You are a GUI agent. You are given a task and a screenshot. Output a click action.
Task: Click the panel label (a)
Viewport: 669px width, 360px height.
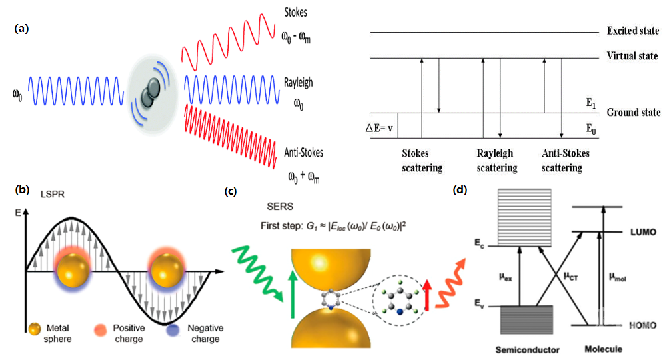(21, 29)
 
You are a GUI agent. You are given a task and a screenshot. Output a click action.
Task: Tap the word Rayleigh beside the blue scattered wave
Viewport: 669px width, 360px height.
(299, 82)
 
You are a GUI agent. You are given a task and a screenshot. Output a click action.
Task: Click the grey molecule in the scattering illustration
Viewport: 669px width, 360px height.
(150, 93)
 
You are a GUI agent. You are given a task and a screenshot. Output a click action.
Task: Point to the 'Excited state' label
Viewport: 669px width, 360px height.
(633, 31)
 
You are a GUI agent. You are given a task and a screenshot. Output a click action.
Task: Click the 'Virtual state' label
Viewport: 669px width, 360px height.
(632, 56)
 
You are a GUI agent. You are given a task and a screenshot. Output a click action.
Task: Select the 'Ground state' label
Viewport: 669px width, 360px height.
(634, 112)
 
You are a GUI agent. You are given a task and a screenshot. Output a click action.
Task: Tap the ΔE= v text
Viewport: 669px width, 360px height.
(379, 128)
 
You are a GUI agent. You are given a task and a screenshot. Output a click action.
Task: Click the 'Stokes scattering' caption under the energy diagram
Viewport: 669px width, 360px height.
(422, 161)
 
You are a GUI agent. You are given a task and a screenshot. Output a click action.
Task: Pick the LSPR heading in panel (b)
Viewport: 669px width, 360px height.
(53, 194)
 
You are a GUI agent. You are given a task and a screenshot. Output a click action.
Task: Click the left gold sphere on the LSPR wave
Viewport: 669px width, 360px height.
(73, 270)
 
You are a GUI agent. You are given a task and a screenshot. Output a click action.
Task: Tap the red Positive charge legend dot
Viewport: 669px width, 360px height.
(100, 330)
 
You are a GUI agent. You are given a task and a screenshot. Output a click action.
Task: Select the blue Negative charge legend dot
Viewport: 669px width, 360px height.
(173, 330)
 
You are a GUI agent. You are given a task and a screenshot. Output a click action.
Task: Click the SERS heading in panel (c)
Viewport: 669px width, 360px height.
(280, 207)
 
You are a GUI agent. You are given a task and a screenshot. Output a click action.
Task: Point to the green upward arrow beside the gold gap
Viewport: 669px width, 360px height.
(293, 295)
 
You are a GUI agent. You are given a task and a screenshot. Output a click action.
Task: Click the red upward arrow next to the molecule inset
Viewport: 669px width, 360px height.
(427, 295)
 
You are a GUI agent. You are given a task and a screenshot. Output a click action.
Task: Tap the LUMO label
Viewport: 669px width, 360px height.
(643, 232)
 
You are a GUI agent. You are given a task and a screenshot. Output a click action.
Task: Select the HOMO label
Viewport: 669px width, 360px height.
(642, 325)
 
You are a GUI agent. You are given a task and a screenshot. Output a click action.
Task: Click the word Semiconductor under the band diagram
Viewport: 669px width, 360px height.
(527, 350)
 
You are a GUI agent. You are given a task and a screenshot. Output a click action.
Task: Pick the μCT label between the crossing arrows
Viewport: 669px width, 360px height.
(571, 276)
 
